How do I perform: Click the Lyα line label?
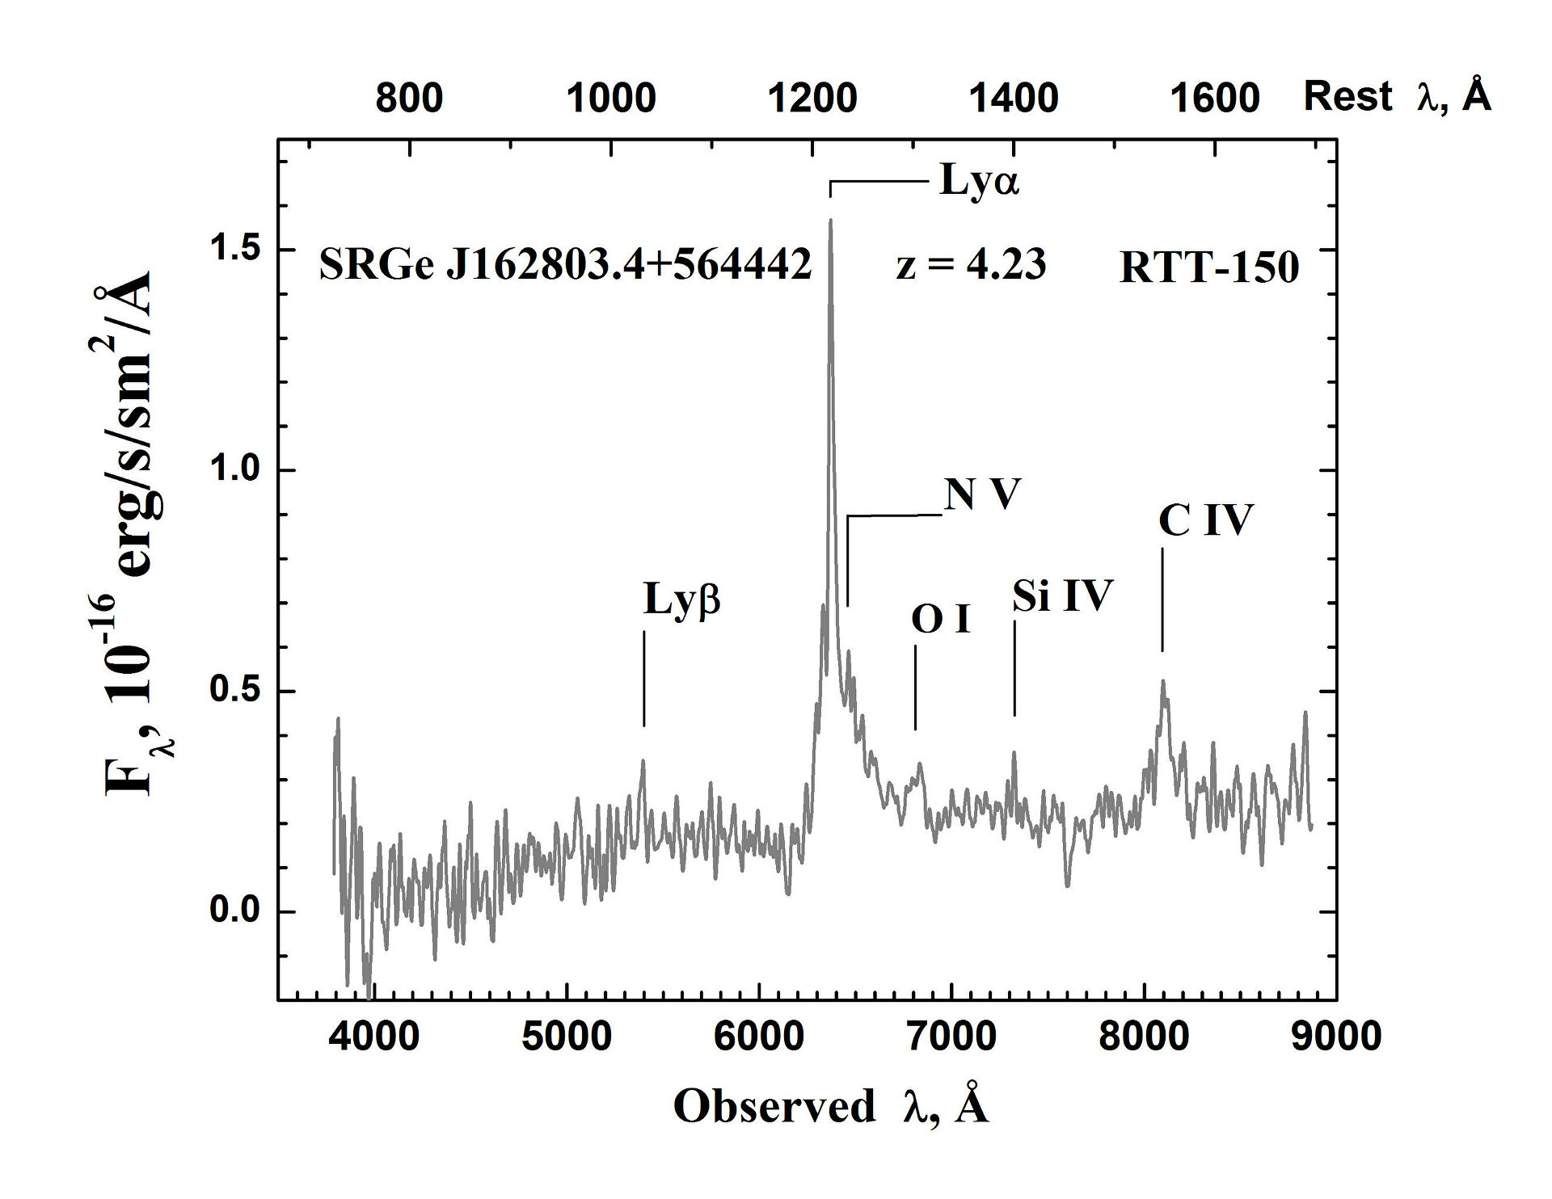[979, 181]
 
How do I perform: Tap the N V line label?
[982, 494]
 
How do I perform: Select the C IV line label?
[1205, 520]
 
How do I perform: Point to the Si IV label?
[1062, 596]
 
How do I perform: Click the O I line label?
[940, 620]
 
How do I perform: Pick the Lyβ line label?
[681, 599]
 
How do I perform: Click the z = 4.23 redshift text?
[971, 265]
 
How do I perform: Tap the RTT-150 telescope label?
[1208, 267]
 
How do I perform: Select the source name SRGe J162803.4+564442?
[565, 264]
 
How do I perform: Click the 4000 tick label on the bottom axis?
[374, 1036]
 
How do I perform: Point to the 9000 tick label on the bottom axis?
[1336, 1036]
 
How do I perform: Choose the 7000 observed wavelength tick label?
[951, 1036]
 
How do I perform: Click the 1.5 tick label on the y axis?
[234, 249]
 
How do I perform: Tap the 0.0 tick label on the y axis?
[234, 911]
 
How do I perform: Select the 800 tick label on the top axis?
[409, 99]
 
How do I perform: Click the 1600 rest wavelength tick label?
[1215, 99]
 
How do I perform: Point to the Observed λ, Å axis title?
[831, 1106]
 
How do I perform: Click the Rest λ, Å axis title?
[1397, 97]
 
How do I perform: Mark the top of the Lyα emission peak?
[830, 221]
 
